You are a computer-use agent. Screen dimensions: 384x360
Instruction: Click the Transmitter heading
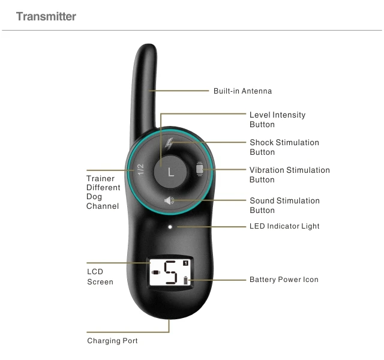46,16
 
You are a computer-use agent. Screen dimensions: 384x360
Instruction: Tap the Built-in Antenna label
242,91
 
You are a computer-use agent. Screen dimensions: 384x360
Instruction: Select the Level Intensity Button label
277,119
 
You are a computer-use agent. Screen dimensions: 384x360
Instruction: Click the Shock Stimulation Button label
284,147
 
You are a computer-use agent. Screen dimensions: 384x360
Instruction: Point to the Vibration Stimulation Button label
289,175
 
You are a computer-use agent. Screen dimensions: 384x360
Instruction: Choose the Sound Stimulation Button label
284,205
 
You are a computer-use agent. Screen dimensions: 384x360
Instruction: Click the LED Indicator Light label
284,226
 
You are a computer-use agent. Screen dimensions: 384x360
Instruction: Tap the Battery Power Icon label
284,280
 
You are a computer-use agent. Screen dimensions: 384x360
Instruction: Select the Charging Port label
112,341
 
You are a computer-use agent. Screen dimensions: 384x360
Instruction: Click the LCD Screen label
100,277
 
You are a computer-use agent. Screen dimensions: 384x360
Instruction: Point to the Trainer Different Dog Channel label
103,192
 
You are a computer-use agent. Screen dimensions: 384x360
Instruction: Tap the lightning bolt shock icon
169,143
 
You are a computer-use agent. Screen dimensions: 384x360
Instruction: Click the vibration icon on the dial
200,170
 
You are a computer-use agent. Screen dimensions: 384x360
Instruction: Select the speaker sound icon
170,200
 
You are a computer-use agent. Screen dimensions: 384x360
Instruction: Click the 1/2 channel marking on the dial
140,170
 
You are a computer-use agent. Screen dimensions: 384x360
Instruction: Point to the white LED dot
170,227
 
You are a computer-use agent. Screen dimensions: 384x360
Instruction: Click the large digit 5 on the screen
171,274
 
